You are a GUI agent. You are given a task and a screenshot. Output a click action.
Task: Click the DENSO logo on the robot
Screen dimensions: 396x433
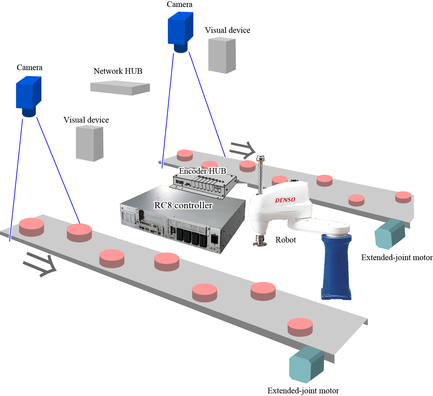click(x=285, y=200)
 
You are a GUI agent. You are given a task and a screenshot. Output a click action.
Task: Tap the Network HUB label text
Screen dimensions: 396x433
click(x=118, y=71)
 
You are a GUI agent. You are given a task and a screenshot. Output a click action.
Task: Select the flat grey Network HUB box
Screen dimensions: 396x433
click(x=120, y=88)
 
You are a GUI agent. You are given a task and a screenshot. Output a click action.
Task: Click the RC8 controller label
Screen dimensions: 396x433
click(x=183, y=205)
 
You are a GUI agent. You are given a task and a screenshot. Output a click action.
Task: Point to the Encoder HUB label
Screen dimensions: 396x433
click(x=202, y=171)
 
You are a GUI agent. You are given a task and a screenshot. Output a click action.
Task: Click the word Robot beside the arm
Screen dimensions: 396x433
click(x=285, y=240)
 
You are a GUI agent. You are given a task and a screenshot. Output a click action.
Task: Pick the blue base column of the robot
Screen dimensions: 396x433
click(x=336, y=266)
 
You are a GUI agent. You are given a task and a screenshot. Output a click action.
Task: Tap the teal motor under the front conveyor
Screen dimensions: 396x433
click(x=306, y=364)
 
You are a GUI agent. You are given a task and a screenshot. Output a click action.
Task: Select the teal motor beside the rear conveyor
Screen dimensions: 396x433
click(x=390, y=234)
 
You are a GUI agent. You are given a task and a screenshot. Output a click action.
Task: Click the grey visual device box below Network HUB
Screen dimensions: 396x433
click(x=89, y=144)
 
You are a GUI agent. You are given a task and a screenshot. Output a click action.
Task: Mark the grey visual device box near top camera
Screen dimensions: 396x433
click(x=222, y=55)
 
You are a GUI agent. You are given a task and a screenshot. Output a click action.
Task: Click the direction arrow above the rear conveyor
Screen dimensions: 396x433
click(x=242, y=150)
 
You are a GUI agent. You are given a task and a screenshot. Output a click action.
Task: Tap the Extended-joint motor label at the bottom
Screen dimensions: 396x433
click(x=303, y=391)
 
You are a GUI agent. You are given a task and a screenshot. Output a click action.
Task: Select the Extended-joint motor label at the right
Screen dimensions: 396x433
click(x=397, y=257)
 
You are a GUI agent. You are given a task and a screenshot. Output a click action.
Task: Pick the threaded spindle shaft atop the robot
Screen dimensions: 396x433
click(x=260, y=176)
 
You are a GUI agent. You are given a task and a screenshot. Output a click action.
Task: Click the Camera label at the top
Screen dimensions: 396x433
click(x=180, y=4)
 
